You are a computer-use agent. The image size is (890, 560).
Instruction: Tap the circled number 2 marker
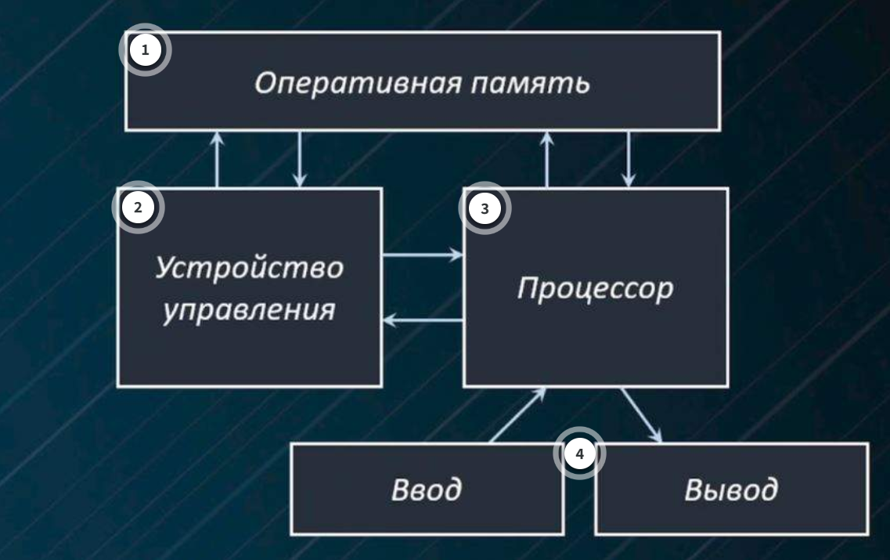pos(139,208)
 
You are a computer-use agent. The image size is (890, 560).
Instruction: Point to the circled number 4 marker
pos(578,454)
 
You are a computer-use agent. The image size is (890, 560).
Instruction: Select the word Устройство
pos(248,268)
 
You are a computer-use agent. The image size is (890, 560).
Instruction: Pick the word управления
pos(249,310)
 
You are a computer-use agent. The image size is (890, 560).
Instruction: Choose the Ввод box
pos(427,490)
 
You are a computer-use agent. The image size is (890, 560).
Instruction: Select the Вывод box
pos(733,490)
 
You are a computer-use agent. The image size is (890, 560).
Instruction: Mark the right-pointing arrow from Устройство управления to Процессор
pos(423,255)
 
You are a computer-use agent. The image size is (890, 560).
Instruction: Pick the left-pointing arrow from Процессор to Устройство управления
pos(423,320)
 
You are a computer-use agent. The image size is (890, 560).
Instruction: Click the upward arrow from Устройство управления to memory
pos(218,158)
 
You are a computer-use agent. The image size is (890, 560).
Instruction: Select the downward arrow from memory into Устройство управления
pos(301,158)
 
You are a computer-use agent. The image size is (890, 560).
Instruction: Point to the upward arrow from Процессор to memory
pos(547,158)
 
